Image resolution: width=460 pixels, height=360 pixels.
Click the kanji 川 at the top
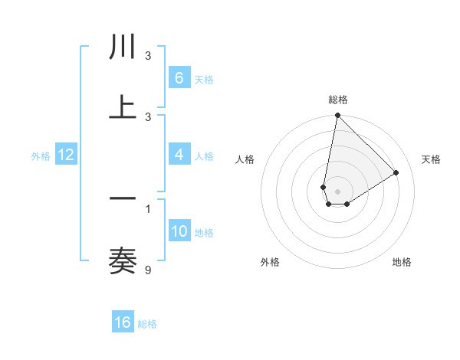(123, 47)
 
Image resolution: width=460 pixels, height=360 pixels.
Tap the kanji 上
(123, 106)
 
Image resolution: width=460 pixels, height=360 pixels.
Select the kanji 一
(123, 198)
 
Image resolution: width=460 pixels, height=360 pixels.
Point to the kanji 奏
(123, 260)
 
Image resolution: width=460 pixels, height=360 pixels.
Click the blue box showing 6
(179, 77)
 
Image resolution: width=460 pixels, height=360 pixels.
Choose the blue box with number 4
(179, 155)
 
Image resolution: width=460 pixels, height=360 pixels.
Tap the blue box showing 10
(179, 231)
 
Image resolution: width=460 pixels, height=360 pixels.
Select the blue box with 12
(66, 155)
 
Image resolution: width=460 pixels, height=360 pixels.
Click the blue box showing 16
(123, 322)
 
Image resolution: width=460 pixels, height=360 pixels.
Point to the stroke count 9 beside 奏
(148, 270)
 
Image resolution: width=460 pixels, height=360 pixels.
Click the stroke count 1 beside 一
(148, 208)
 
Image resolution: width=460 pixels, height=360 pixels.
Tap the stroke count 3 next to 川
(148, 56)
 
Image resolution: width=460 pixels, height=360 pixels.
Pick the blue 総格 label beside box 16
(147, 324)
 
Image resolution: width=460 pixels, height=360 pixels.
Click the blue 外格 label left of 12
(41, 155)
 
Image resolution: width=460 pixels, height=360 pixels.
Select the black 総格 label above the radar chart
(338, 100)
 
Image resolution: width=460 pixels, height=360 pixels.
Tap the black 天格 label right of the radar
(432, 159)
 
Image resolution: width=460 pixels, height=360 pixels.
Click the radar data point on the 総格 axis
(337, 116)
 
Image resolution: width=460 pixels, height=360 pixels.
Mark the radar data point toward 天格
(396, 172)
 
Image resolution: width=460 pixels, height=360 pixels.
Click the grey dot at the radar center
(338, 191)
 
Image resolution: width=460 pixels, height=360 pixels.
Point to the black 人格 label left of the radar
(245, 159)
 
